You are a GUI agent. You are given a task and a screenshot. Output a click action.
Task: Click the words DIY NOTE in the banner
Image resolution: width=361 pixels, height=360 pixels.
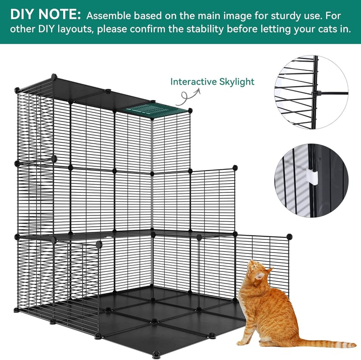click(x=46, y=14)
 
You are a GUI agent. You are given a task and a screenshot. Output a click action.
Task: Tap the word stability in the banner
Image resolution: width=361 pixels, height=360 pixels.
click(x=205, y=29)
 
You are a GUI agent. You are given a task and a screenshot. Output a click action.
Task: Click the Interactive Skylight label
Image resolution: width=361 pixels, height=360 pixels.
click(x=212, y=82)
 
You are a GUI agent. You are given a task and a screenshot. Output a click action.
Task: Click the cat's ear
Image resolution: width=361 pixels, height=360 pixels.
click(x=260, y=275)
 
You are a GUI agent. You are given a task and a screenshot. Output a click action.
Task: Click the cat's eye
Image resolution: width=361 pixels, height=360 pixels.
click(x=254, y=267)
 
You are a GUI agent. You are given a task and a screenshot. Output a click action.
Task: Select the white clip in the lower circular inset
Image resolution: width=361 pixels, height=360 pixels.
click(x=312, y=178)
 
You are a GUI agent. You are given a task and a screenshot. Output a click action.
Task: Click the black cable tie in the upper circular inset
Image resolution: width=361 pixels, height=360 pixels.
click(x=329, y=94)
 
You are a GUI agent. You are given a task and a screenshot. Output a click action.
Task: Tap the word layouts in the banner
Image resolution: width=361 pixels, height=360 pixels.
click(x=76, y=29)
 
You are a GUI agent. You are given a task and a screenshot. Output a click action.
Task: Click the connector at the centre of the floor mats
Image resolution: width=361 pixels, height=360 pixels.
click(x=154, y=321)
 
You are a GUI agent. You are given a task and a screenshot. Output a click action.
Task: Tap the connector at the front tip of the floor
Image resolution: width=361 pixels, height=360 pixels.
click(x=156, y=354)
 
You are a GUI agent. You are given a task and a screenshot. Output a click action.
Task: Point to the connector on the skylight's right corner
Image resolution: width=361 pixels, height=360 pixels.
click(x=190, y=110)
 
